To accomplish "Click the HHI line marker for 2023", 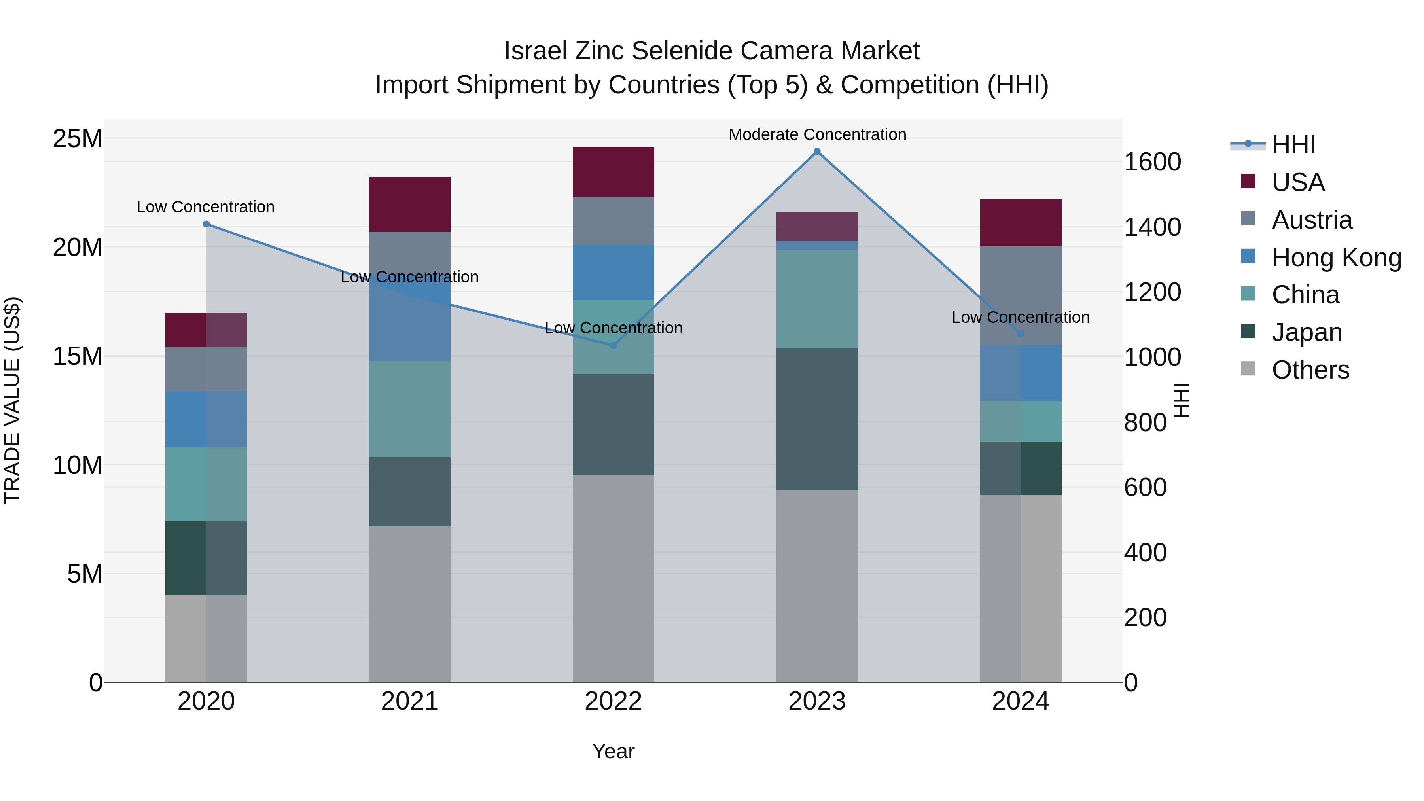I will (x=817, y=151).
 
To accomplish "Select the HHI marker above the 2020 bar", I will (x=206, y=224).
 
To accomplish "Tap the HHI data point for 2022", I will (x=613, y=345).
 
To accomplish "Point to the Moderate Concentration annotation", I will (x=817, y=134).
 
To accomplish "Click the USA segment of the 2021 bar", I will (x=410, y=204).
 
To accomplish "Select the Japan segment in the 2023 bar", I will (x=817, y=419).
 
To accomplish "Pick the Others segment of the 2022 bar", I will (x=613, y=578).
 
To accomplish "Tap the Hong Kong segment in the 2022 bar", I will (x=613, y=272).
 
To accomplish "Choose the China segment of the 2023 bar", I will (x=817, y=299).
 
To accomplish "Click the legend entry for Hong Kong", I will (x=1336, y=258).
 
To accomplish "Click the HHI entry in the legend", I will (x=1293, y=145).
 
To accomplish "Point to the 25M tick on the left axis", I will (x=78, y=138).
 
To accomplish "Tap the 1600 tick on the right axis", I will (x=1153, y=162).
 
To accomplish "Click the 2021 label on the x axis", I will (x=410, y=701).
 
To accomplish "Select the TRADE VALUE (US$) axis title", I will (x=12, y=400).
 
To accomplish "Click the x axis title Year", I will (x=613, y=751).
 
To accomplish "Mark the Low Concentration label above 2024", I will (x=1021, y=317).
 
